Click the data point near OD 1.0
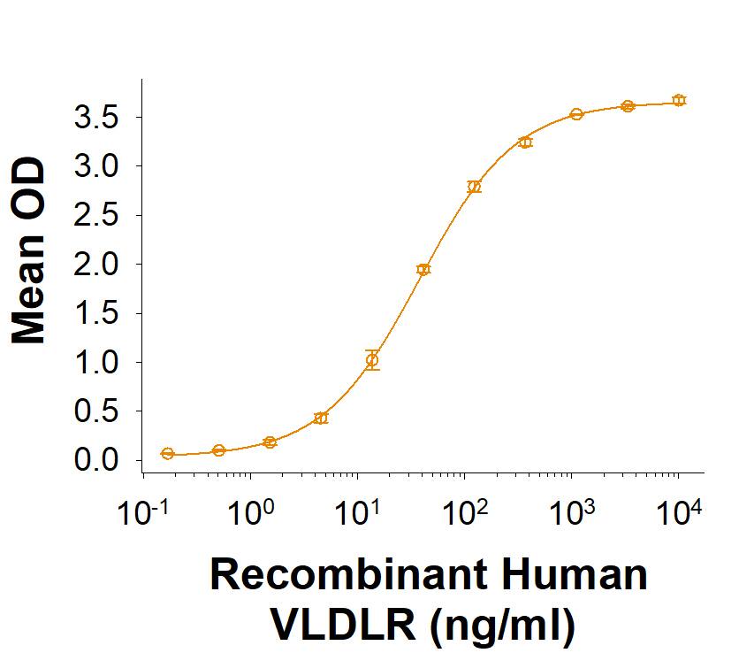[372, 360]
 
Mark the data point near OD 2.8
[475, 187]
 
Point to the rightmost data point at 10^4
[678, 100]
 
